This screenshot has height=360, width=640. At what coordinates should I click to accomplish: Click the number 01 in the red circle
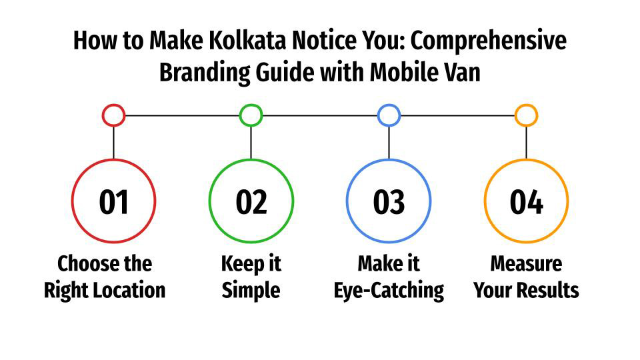click(113, 202)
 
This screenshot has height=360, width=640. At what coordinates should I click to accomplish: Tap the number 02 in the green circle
click(251, 202)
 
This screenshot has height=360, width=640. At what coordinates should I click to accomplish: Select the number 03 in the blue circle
click(389, 202)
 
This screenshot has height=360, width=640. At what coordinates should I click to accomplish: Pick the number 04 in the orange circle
click(526, 202)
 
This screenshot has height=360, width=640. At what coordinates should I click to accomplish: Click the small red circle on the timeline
click(113, 115)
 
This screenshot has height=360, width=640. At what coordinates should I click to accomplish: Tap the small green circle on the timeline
click(251, 115)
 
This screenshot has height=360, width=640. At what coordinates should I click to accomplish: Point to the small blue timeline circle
click(389, 115)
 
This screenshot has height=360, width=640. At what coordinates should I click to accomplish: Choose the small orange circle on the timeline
click(526, 115)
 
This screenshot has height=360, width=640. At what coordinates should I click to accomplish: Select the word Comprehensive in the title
click(489, 41)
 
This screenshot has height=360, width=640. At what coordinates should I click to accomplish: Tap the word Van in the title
click(463, 72)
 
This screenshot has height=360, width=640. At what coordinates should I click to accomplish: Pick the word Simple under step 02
click(251, 291)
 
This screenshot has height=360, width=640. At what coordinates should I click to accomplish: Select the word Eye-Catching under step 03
click(389, 291)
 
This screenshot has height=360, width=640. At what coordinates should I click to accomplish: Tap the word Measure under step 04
click(526, 264)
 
